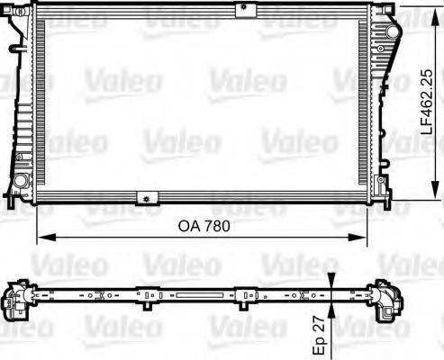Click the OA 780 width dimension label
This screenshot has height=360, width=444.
199,227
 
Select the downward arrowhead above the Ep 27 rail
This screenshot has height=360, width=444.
333,283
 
